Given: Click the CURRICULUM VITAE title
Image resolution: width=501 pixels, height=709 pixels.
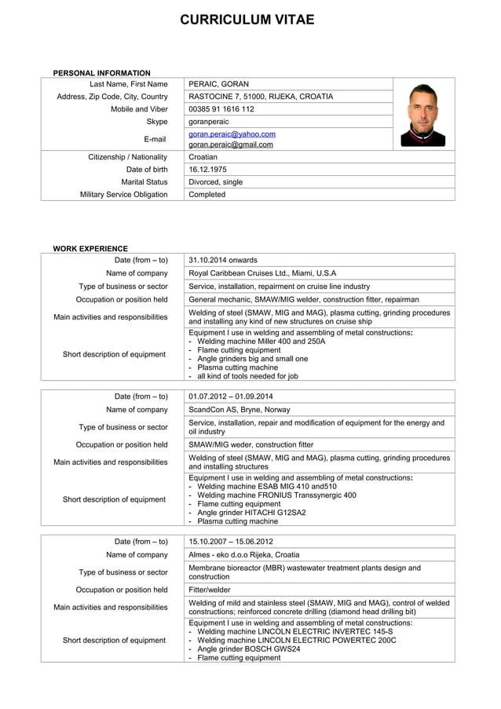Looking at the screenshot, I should tap(247, 20).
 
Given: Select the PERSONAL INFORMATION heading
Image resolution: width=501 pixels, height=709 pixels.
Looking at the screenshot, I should tap(101, 73).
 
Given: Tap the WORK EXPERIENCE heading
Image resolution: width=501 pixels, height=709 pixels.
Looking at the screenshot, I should tap(90, 248).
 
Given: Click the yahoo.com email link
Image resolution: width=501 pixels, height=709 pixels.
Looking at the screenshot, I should tap(232, 134).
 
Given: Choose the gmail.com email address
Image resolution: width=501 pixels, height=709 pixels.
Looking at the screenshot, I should tap(231, 144).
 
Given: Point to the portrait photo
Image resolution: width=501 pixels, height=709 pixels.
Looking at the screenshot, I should tap(423, 115).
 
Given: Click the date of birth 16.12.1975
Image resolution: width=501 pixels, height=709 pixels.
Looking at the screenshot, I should tap(207, 170).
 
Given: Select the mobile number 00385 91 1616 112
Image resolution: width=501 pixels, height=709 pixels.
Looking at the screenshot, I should tap(221, 109).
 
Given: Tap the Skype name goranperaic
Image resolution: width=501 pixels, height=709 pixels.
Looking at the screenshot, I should tap(210, 122).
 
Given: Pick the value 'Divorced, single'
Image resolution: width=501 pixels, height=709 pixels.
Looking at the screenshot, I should tap(216, 182).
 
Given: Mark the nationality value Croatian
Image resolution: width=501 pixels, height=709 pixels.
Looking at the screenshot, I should tap(203, 157).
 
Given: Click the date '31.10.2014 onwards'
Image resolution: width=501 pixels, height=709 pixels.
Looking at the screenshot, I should tap(223, 260).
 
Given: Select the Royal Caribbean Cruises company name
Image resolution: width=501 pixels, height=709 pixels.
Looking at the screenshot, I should tap(262, 273).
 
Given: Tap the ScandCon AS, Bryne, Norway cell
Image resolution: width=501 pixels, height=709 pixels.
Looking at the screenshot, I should tap(240, 410).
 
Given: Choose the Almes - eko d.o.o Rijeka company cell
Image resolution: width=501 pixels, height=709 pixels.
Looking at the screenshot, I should tap(244, 554).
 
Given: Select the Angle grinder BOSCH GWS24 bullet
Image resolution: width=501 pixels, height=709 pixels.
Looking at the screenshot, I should tap(249, 649).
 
